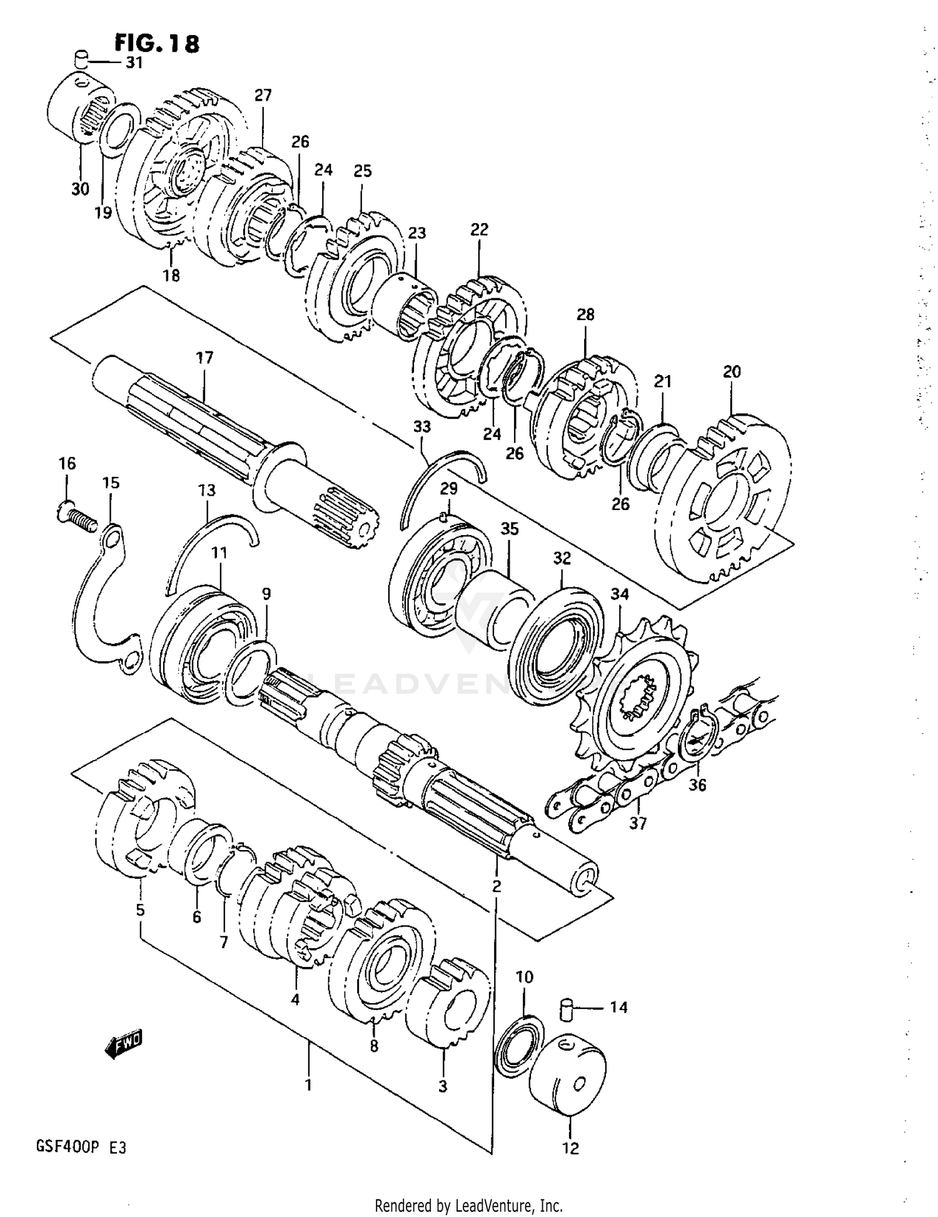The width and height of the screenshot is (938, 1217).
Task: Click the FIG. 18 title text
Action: click(x=157, y=44)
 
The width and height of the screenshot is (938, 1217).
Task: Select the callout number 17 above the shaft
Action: click(x=204, y=358)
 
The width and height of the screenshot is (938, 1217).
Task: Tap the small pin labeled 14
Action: click(x=565, y=1009)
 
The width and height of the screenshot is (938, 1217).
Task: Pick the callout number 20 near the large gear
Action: click(x=732, y=371)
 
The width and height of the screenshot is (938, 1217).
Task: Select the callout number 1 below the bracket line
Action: click(x=308, y=1085)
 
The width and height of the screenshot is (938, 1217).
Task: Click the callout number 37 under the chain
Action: click(x=637, y=824)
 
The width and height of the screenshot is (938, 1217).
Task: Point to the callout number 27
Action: click(x=263, y=96)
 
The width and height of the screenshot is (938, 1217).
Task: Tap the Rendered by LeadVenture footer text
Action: click(x=468, y=1204)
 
